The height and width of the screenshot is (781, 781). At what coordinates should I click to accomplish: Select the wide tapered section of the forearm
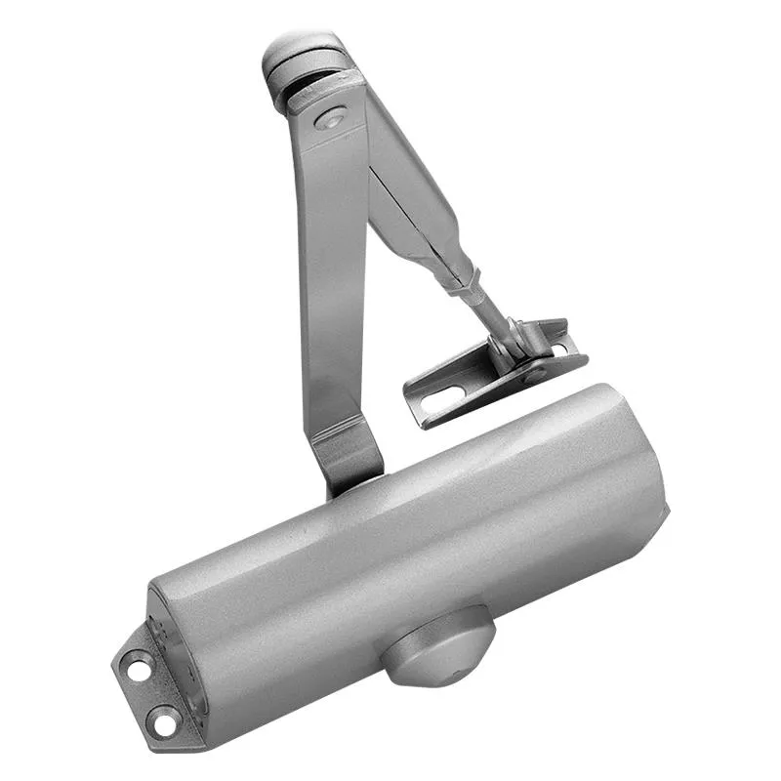point(415,195)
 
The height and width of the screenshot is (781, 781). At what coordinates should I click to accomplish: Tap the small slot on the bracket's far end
point(558,348)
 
